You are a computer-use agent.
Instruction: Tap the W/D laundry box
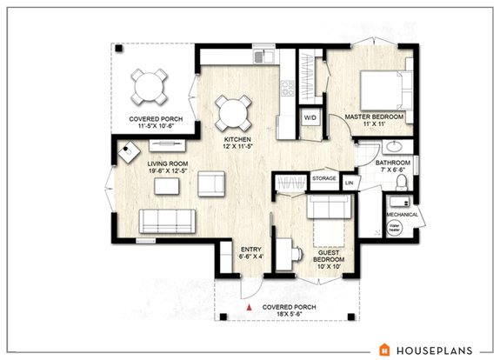pyautogui.click(x=310, y=117)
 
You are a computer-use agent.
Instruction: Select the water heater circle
pyautogui.click(x=393, y=230)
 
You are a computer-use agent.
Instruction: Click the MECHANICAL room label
pyautogui.click(x=402, y=215)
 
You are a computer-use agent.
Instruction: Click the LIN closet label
pyautogui.click(x=350, y=183)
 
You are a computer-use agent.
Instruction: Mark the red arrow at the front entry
pyautogui.click(x=250, y=308)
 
